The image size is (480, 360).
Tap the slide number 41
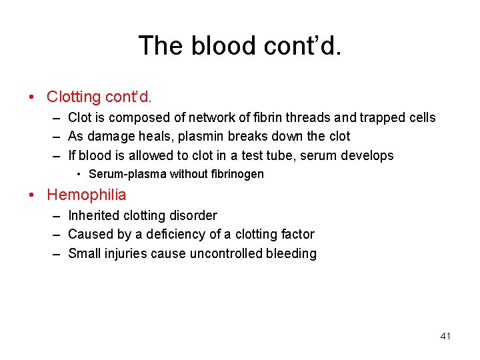445,336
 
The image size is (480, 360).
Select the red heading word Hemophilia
86,195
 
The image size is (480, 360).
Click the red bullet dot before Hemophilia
33,195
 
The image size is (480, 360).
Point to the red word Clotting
73,97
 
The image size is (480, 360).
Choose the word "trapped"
382,117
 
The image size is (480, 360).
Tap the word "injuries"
126,253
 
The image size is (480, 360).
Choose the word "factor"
297,234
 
